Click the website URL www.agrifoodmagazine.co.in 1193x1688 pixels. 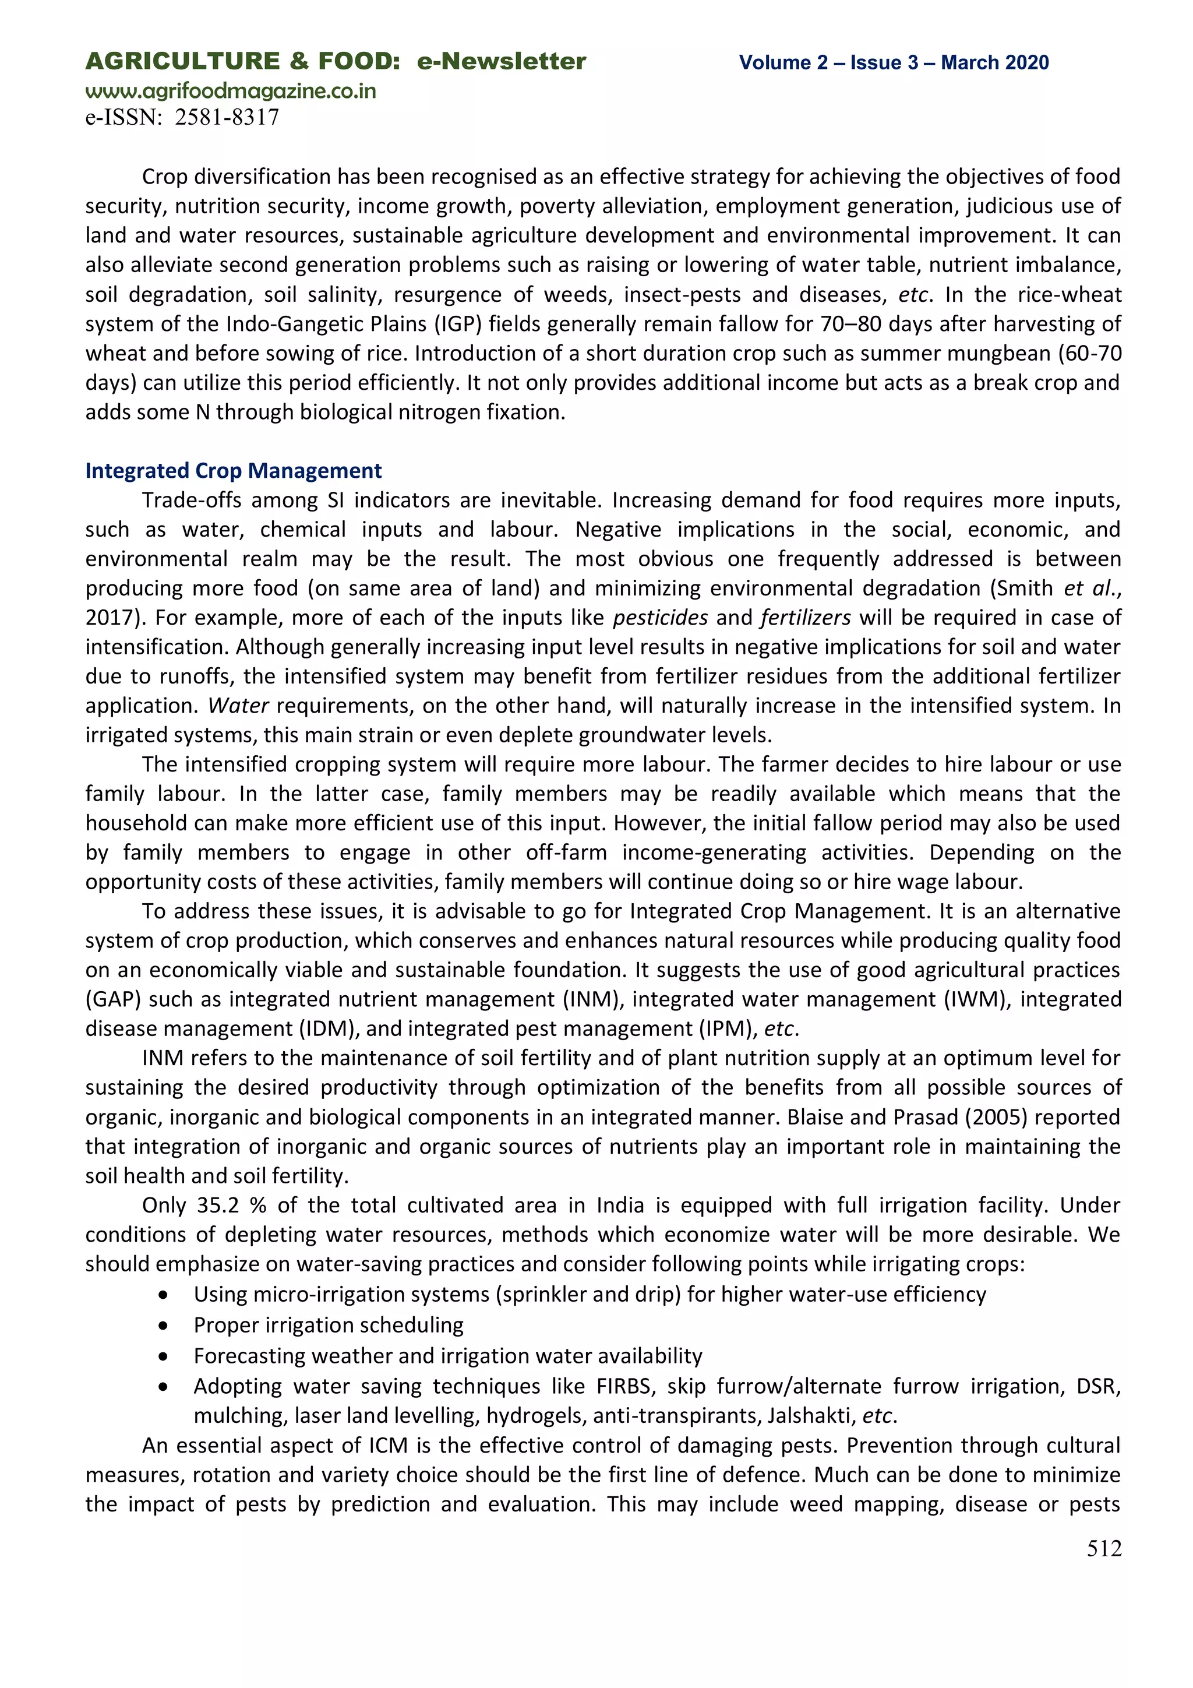230,91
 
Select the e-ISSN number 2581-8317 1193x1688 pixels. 227,118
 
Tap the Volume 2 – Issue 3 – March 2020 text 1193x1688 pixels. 893,62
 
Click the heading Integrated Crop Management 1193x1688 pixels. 233,471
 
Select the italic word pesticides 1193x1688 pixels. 660,618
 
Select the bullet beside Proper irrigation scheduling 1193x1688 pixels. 163,1326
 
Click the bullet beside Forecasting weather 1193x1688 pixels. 163,1356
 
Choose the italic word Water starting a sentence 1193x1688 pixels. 238,706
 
